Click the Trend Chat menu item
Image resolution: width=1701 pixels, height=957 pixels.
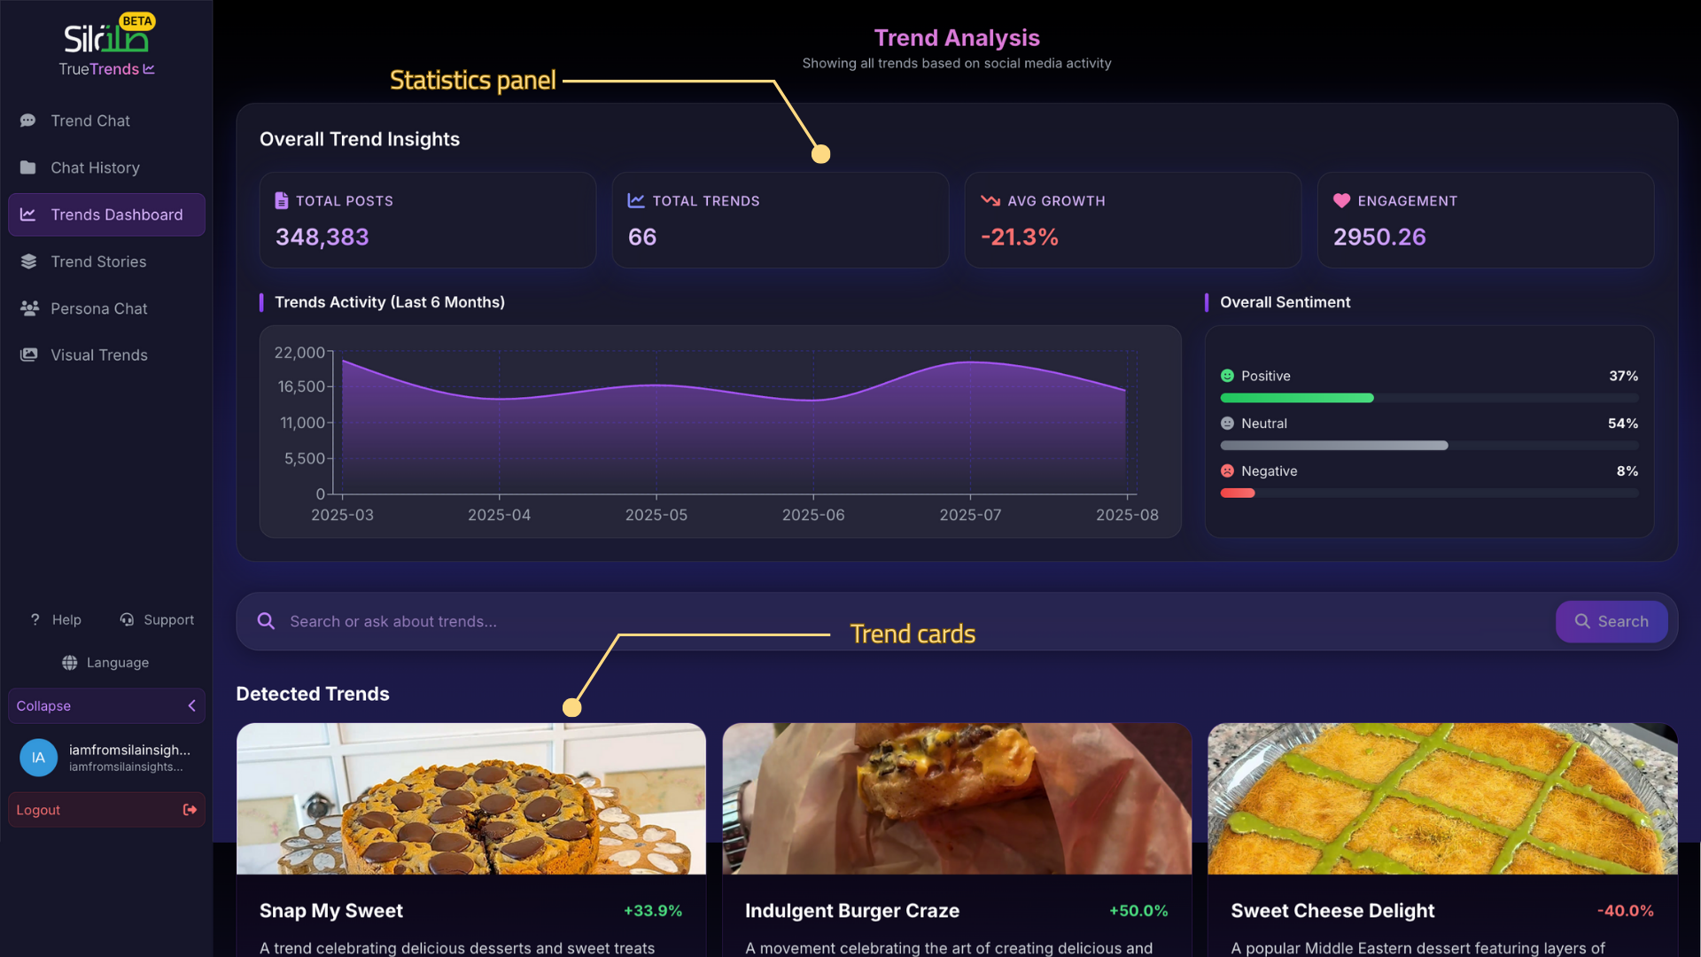[90, 121]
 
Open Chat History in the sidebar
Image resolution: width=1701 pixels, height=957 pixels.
[95, 167]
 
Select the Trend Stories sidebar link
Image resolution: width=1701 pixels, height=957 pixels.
[98, 261]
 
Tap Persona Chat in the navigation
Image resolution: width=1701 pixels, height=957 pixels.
[98, 308]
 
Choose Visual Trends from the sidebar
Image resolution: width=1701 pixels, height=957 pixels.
[98, 355]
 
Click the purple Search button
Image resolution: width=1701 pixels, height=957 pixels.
[1611, 621]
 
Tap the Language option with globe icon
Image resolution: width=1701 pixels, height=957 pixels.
[106, 663]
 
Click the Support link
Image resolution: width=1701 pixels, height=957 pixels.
[158, 620]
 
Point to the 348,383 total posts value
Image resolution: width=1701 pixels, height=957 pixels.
[322, 237]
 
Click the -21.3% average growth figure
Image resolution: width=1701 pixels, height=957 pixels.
[1019, 237]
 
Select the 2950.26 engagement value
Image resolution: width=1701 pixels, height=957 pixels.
[1379, 237]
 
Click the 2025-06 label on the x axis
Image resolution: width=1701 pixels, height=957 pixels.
[812, 515]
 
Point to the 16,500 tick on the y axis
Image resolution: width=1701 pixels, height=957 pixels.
[301, 387]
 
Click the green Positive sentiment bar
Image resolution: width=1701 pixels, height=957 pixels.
[1296, 399]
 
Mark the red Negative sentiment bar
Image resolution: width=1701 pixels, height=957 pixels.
[1238, 494]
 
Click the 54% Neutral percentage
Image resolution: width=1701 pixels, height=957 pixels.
[1622, 424]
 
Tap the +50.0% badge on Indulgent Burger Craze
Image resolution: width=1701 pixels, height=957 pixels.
[1138, 911]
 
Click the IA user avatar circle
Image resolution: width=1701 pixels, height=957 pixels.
[38, 758]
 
